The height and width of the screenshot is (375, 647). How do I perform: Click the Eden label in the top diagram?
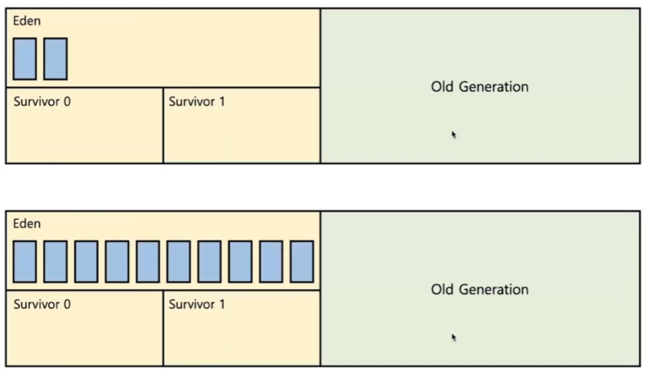click(27, 21)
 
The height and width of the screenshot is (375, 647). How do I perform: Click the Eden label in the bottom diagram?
click(27, 224)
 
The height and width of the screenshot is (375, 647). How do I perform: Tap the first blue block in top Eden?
click(25, 59)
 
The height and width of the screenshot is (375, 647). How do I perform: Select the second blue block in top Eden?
click(56, 59)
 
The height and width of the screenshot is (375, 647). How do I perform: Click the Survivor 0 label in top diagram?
click(42, 102)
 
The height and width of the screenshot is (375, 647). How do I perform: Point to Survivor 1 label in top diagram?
click(197, 102)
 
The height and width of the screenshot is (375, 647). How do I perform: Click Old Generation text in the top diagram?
click(480, 86)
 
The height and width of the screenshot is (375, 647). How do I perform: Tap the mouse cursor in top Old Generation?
click(454, 135)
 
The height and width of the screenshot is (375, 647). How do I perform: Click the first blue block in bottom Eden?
click(25, 262)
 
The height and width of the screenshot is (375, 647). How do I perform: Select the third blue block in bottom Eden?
click(86, 262)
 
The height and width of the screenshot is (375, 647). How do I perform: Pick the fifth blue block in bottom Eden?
click(148, 262)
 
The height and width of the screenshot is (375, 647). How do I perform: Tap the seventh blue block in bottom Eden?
click(209, 262)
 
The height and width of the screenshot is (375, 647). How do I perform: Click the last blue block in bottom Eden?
click(301, 262)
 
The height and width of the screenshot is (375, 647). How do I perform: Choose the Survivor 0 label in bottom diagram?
click(42, 305)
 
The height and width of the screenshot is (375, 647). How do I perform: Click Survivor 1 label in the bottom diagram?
click(197, 305)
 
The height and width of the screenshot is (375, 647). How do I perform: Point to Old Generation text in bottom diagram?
click(480, 289)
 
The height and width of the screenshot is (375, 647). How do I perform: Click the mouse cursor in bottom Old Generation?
click(454, 338)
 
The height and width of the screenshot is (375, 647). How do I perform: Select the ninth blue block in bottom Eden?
click(271, 262)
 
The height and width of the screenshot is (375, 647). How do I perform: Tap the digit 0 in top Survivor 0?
click(67, 102)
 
